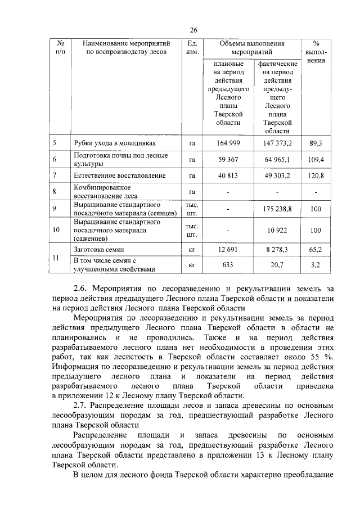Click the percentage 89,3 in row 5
click(316, 143)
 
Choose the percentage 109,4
click(316, 160)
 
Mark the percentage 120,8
click(316, 176)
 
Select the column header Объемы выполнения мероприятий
click(252, 48)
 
